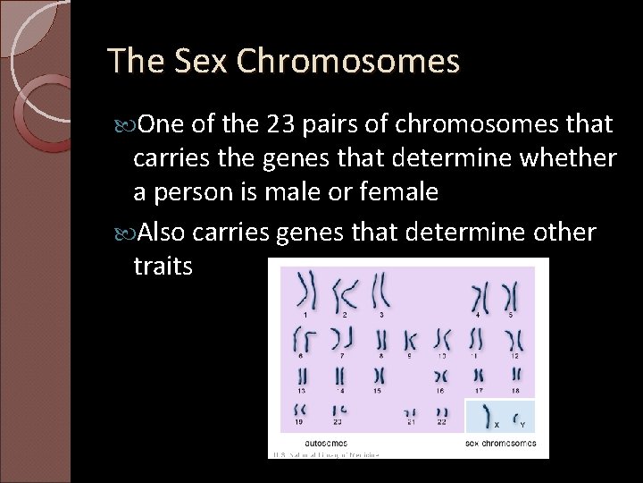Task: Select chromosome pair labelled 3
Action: click(381, 292)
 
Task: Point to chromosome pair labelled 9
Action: click(410, 340)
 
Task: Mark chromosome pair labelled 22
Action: click(441, 411)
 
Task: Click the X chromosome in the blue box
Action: click(488, 415)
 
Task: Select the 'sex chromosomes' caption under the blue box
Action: click(501, 442)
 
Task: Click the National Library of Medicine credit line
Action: click(325, 453)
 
